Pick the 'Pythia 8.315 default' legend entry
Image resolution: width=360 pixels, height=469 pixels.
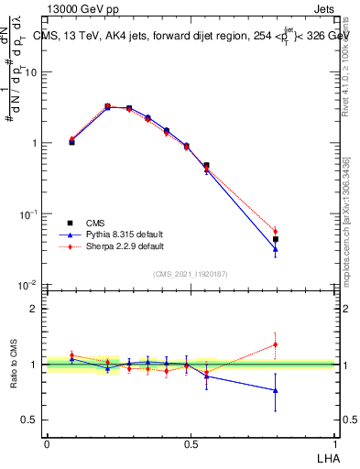coord(115,234)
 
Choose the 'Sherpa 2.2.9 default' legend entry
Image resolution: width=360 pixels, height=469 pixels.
coord(115,246)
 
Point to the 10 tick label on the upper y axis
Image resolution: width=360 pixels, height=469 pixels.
coord(30,72)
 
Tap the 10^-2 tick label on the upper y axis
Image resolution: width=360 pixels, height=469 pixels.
coord(27,286)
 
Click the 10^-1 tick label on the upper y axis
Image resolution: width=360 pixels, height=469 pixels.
coord(27,214)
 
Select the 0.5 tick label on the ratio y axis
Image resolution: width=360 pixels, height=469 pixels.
coord(29,420)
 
